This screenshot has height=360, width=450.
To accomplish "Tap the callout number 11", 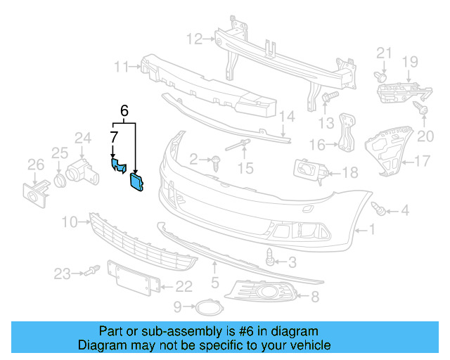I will tap(122, 67).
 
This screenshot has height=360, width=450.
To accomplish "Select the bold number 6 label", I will tap(124, 110).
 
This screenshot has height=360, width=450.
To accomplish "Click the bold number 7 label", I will tap(113, 136).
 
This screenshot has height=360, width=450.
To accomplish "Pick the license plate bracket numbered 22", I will tap(129, 277).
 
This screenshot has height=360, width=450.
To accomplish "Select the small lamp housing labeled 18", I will tap(308, 171).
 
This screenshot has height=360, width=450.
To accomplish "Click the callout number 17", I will tap(421, 161).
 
